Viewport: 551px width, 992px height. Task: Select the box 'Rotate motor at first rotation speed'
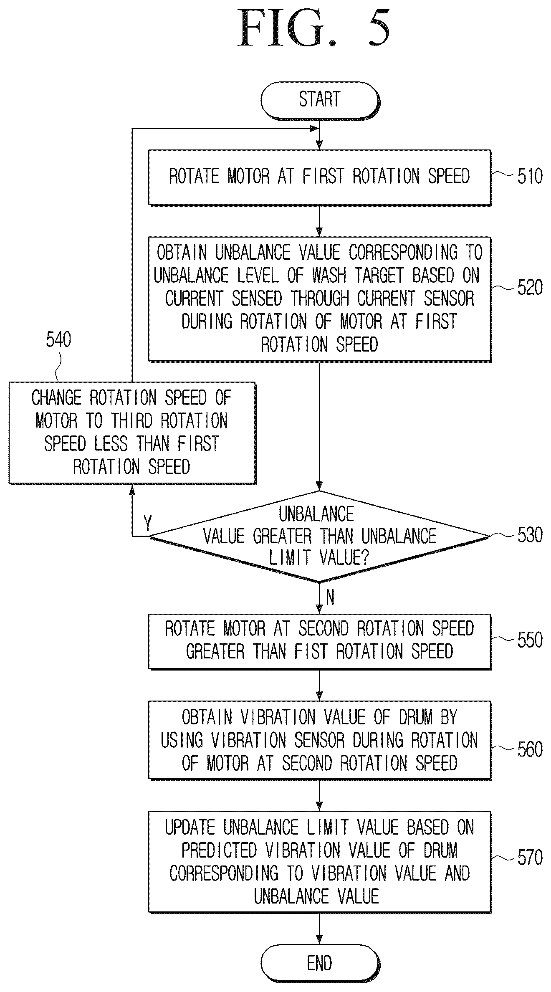point(320,177)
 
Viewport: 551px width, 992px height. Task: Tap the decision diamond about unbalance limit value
point(319,536)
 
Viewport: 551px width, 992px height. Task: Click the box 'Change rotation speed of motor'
point(132,433)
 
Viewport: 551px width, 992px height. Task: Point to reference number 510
point(530,176)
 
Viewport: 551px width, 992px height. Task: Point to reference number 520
point(530,288)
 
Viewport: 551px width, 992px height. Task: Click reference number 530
point(530,535)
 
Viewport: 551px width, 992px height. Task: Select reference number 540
point(58,340)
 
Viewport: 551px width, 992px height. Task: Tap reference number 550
point(530,640)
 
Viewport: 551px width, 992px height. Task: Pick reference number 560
point(530,750)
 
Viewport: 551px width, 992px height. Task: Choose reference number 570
point(530,858)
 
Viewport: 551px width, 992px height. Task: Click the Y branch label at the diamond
point(147,523)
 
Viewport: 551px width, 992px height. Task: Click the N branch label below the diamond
point(330,598)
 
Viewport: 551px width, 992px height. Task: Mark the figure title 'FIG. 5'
point(314,28)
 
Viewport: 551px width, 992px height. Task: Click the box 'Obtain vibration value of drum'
point(320,740)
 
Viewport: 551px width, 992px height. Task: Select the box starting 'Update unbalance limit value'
point(320,862)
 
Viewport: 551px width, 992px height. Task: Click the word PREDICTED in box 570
point(219,850)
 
